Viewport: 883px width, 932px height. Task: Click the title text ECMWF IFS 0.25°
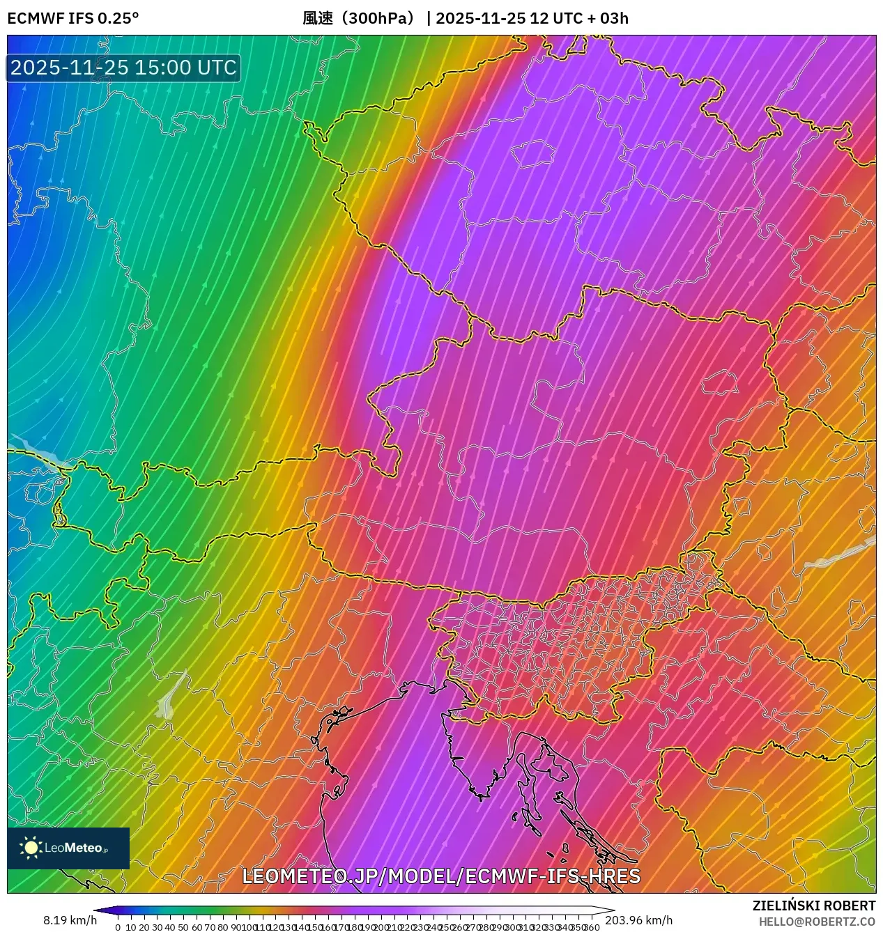pyautogui.click(x=72, y=18)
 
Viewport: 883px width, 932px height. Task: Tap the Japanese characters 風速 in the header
pyautogui.click(x=318, y=18)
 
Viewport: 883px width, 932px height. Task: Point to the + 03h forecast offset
pyautogui.click(x=608, y=18)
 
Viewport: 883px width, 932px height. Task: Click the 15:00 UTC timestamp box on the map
pyautogui.click(x=123, y=68)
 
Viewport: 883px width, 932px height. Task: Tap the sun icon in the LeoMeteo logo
pyautogui.click(x=31, y=848)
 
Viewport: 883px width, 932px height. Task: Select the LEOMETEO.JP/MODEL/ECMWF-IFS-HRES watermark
pyautogui.click(x=440, y=876)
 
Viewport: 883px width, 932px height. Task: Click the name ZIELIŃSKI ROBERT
pyautogui.click(x=813, y=906)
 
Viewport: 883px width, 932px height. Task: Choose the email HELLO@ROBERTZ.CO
pyautogui.click(x=817, y=922)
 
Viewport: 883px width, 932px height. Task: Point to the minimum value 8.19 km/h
pyautogui.click(x=70, y=921)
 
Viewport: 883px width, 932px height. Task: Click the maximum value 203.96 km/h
pyautogui.click(x=638, y=921)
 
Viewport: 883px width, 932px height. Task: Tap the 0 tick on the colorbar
pyautogui.click(x=118, y=927)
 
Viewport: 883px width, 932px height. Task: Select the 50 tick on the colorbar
pyautogui.click(x=183, y=927)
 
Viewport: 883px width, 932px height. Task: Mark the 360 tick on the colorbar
pyautogui.click(x=592, y=927)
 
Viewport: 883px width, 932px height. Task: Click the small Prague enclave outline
pyautogui.click(x=533, y=154)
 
